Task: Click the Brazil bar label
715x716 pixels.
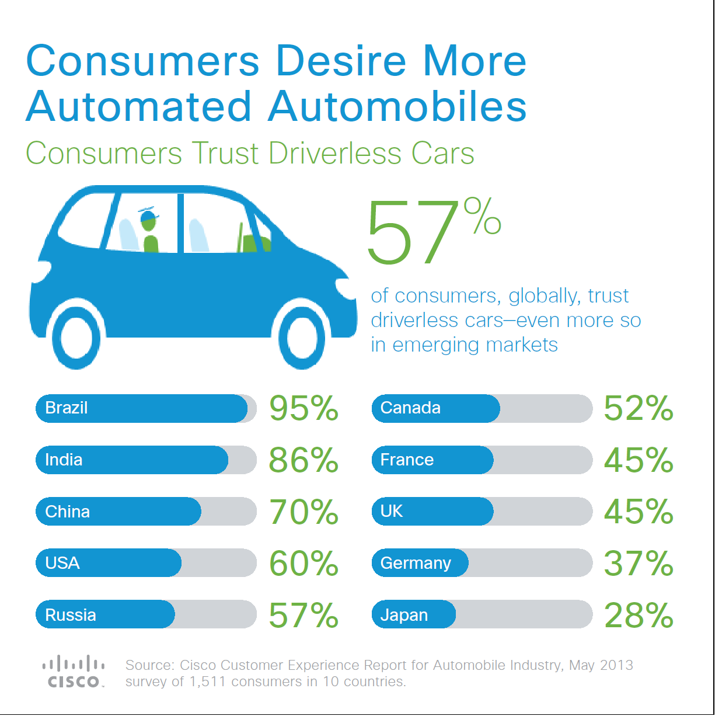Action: [67, 408]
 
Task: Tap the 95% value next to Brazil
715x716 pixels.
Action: [304, 408]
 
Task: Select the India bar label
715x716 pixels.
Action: [64, 460]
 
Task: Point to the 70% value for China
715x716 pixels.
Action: [304, 512]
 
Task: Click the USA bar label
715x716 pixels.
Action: [62, 563]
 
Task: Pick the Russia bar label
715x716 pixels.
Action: [71, 615]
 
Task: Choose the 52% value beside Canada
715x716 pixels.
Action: [639, 408]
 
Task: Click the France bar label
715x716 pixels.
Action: [407, 460]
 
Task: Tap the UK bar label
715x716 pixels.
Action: [392, 511]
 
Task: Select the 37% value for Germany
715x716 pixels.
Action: [639, 563]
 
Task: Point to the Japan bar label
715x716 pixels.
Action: [404, 615]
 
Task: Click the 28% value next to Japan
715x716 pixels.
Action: [639, 615]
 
